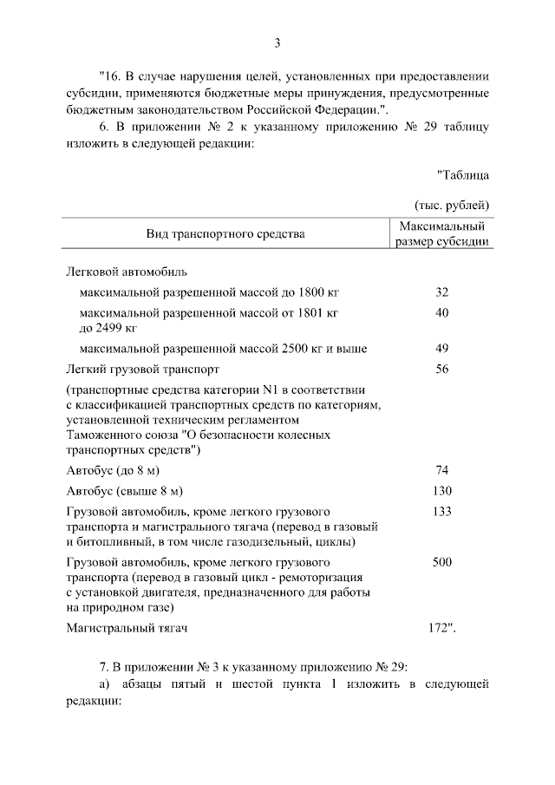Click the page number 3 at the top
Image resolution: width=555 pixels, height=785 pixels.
[x=277, y=43]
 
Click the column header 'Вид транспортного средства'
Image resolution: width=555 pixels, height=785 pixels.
[x=225, y=234]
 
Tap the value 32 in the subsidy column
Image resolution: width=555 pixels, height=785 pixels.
[x=441, y=292]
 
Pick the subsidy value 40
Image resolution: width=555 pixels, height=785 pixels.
[x=441, y=311]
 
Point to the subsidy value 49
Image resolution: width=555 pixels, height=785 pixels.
[x=441, y=349]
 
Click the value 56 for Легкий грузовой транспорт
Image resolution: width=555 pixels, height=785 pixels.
[x=441, y=369]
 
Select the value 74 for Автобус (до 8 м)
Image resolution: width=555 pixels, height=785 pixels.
[x=441, y=470]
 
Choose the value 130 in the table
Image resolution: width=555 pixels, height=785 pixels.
[x=441, y=490]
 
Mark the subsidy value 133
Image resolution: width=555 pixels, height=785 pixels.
[x=441, y=511]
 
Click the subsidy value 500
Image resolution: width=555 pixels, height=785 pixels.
[x=441, y=562]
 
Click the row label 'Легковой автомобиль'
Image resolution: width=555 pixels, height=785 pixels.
[x=121, y=271]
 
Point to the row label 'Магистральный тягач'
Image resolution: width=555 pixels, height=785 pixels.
[x=127, y=627]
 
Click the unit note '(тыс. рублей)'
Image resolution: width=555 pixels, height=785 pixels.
[x=451, y=205]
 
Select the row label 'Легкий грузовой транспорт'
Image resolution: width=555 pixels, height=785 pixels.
[x=136, y=369]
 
